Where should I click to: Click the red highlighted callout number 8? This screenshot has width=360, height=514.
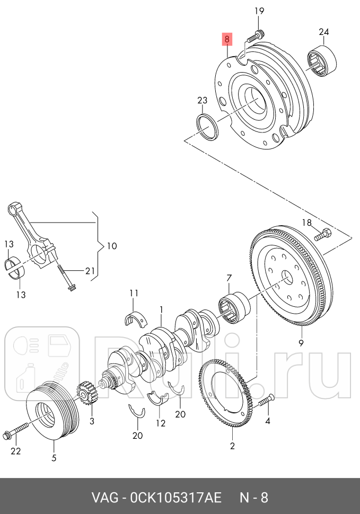pos(226,39)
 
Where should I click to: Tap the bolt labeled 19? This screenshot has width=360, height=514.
pos(257,36)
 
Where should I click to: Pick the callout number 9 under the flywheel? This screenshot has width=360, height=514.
pos(301,343)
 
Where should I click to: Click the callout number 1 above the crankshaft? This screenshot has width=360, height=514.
pos(161,309)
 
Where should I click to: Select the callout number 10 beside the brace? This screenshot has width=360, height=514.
pos(111,246)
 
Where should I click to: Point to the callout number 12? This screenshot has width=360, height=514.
pos(161,423)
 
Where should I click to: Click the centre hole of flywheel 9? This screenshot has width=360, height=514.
pos(286,277)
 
